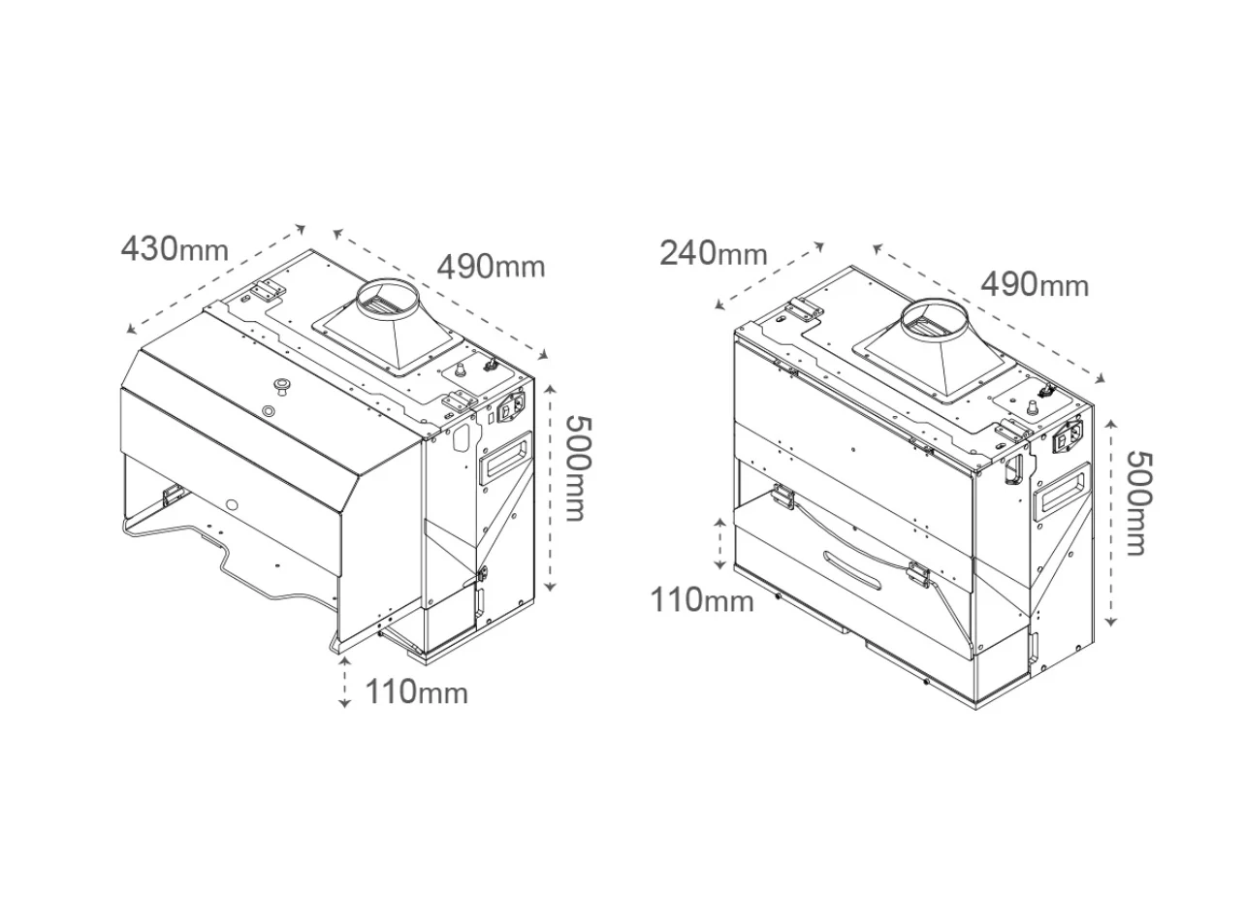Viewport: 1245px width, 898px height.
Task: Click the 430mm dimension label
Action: click(x=175, y=248)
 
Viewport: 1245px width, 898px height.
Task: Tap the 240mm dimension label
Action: click(x=714, y=253)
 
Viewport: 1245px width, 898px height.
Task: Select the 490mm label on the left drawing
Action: click(x=491, y=267)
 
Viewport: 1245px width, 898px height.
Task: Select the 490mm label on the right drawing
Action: click(x=1035, y=285)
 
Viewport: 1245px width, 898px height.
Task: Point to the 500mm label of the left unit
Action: click(x=579, y=468)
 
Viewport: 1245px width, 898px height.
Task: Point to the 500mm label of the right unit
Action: click(x=1140, y=503)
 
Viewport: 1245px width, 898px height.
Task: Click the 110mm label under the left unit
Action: click(x=416, y=692)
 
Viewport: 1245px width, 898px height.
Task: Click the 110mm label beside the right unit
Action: click(x=702, y=600)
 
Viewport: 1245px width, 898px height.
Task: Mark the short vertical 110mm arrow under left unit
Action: click(x=345, y=683)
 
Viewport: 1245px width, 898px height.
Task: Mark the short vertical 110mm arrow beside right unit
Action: click(x=720, y=544)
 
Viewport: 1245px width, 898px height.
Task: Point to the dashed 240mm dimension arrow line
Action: click(x=770, y=275)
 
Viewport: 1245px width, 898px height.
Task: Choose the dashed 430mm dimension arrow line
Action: click(x=215, y=279)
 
